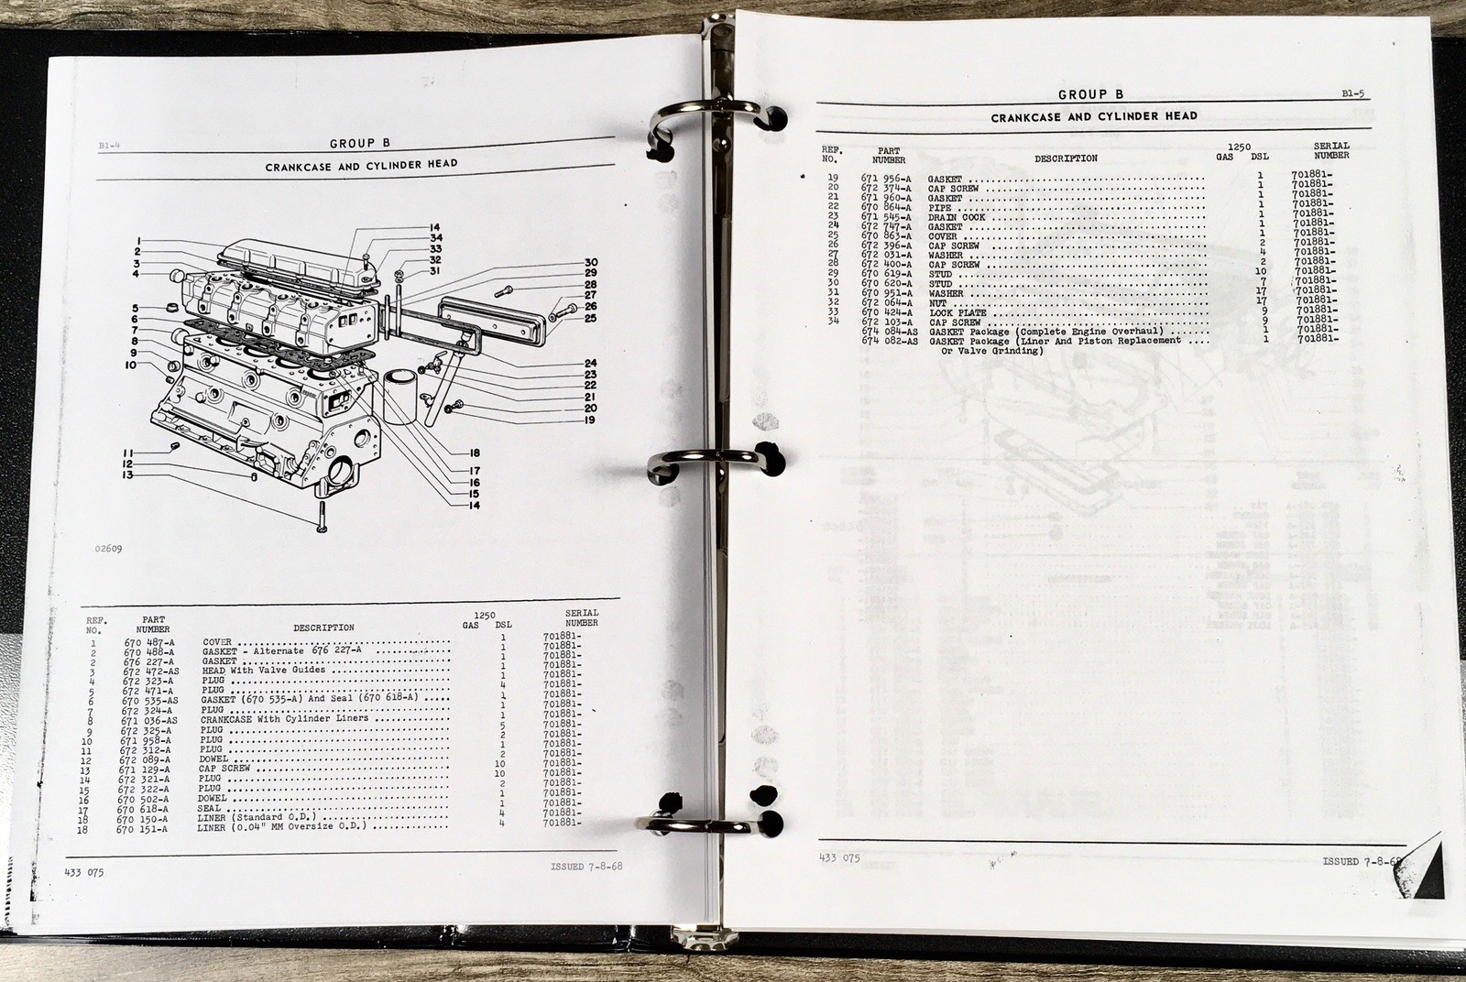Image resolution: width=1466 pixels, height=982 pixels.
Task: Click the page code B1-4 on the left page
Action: pyautogui.click(x=109, y=146)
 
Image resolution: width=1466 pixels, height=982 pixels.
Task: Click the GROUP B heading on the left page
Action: pyautogui.click(x=353, y=143)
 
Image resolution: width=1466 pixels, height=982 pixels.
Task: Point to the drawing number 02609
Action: pyautogui.click(x=107, y=550)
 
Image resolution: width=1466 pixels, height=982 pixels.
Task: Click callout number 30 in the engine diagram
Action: pyautogui.click(x=591, y=263)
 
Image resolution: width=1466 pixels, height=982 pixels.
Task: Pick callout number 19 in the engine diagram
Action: pyautogui.click(x=589, y=420)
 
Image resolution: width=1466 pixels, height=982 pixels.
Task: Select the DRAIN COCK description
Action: pyautogui.click(x=957, y=217)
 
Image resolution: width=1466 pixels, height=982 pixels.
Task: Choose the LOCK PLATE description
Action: pyautogui.click(x=957, y=312)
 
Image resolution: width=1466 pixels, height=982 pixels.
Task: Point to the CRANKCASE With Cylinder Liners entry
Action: pyautogui.click(x=284, y=719)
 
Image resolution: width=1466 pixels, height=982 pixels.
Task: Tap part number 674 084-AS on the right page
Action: pyautogui.click(x=889, y=331)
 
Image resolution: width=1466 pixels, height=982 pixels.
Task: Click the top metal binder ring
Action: pyautogui.click(x=715, y=119)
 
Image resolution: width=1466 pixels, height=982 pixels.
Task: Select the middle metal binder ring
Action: pyautogui.click(x=715, y=463)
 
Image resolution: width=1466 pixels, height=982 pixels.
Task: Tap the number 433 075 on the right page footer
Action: pyautogui.click(x=838, y=858)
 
